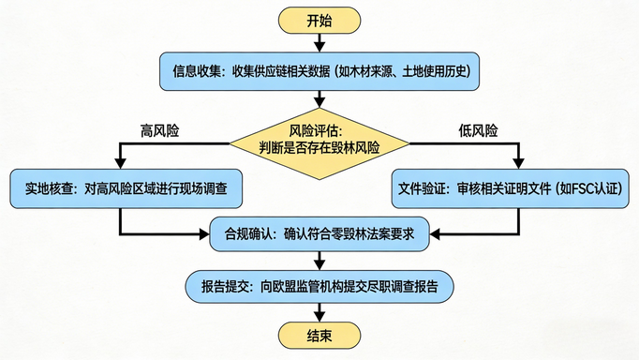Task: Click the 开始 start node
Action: tap(319, 20)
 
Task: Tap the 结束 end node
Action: tap(319, 335)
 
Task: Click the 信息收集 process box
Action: tap(320, 70)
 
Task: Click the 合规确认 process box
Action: tap(319, 234)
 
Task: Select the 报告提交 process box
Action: tap(319, 285)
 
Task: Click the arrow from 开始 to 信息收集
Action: tap(319, 41)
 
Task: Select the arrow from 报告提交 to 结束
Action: tap(319, 310)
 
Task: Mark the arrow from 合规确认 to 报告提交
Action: tap(319, 260)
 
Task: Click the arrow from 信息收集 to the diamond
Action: tap(319, 97)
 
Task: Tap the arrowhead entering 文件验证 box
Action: tap(518, 164)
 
